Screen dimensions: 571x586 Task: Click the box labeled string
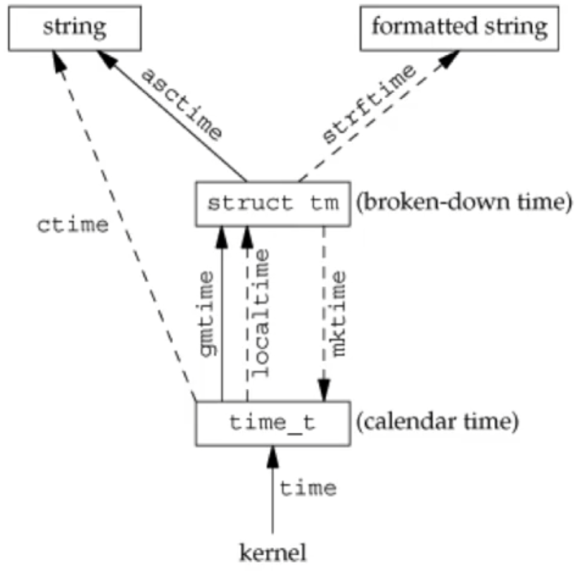pos(75,28)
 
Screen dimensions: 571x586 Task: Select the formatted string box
pos(460,28)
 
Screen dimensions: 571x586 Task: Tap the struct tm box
pos(273,203)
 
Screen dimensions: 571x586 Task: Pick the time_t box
pos(273,424)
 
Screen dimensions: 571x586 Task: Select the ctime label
pos(73,226)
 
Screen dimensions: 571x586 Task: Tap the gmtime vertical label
pos(206,313)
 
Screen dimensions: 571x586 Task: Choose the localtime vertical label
pos(262,313)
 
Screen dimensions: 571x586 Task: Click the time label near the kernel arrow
pos(308,488)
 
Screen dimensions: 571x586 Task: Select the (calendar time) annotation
pos(437,424)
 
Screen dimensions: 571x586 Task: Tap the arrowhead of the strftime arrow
pos(449,58)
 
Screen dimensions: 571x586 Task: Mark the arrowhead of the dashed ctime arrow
pos(60,60)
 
